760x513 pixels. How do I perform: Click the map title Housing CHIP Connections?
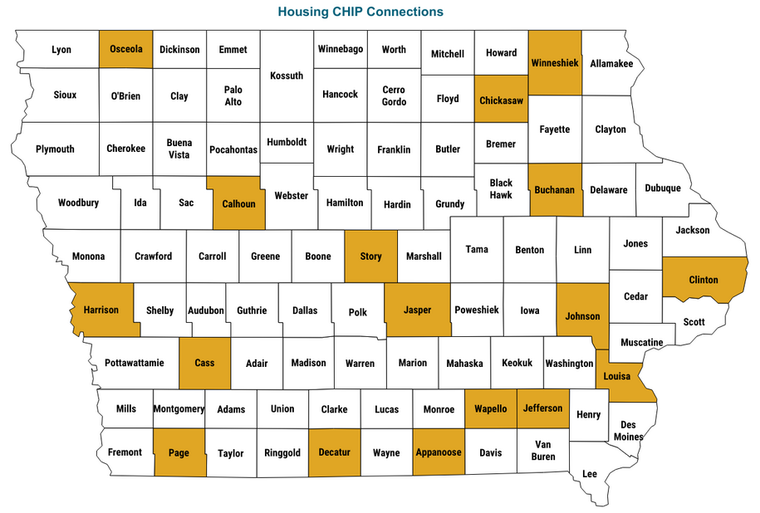[x=360, y=12]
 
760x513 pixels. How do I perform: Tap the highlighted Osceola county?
[x=126, y=49]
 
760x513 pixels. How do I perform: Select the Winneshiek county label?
[x=554, y=63]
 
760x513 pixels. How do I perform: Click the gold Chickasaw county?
[x=501, y=100]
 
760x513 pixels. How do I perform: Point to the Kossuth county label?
[x=287, y=76]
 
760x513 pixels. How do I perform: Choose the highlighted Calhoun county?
[x=238, y=203]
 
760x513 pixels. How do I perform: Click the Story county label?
[x=370, y=256]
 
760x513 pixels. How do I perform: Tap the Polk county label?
[x=358, y=312]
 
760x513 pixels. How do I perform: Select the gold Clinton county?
[x=704, y=280]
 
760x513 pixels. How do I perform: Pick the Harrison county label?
[x=101, y=310]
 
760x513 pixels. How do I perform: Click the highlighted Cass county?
[x=204, y=363]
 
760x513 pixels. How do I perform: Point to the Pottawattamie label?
[x=135, y=363]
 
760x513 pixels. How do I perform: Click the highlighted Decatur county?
[x=335, y=452]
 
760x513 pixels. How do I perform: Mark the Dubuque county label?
[x=663, y=188]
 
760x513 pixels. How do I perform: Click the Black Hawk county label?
[x=501, y=188]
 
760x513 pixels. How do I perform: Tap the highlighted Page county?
[x=179, y=452]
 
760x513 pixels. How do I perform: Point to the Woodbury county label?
[x=79, y=203]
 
